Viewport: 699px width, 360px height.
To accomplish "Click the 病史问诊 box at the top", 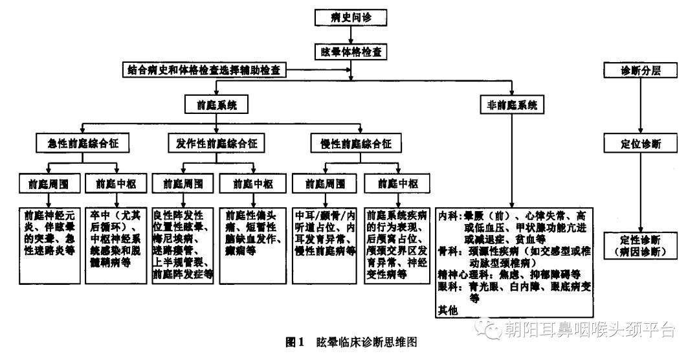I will click(x=350, y=18).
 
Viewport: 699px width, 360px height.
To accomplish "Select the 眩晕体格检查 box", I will click(x=350, y=49).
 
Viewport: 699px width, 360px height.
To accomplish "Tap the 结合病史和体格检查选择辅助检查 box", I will click(x=205, y=69).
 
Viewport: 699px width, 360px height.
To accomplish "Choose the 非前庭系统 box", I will click(x=512, y=104).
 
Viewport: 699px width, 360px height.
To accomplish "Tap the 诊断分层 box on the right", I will click(x=640, y=69).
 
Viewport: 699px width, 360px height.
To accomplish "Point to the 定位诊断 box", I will click(x=640, y=142).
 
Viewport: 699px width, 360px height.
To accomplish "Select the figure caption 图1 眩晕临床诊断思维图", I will click(x=349, y=341).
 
